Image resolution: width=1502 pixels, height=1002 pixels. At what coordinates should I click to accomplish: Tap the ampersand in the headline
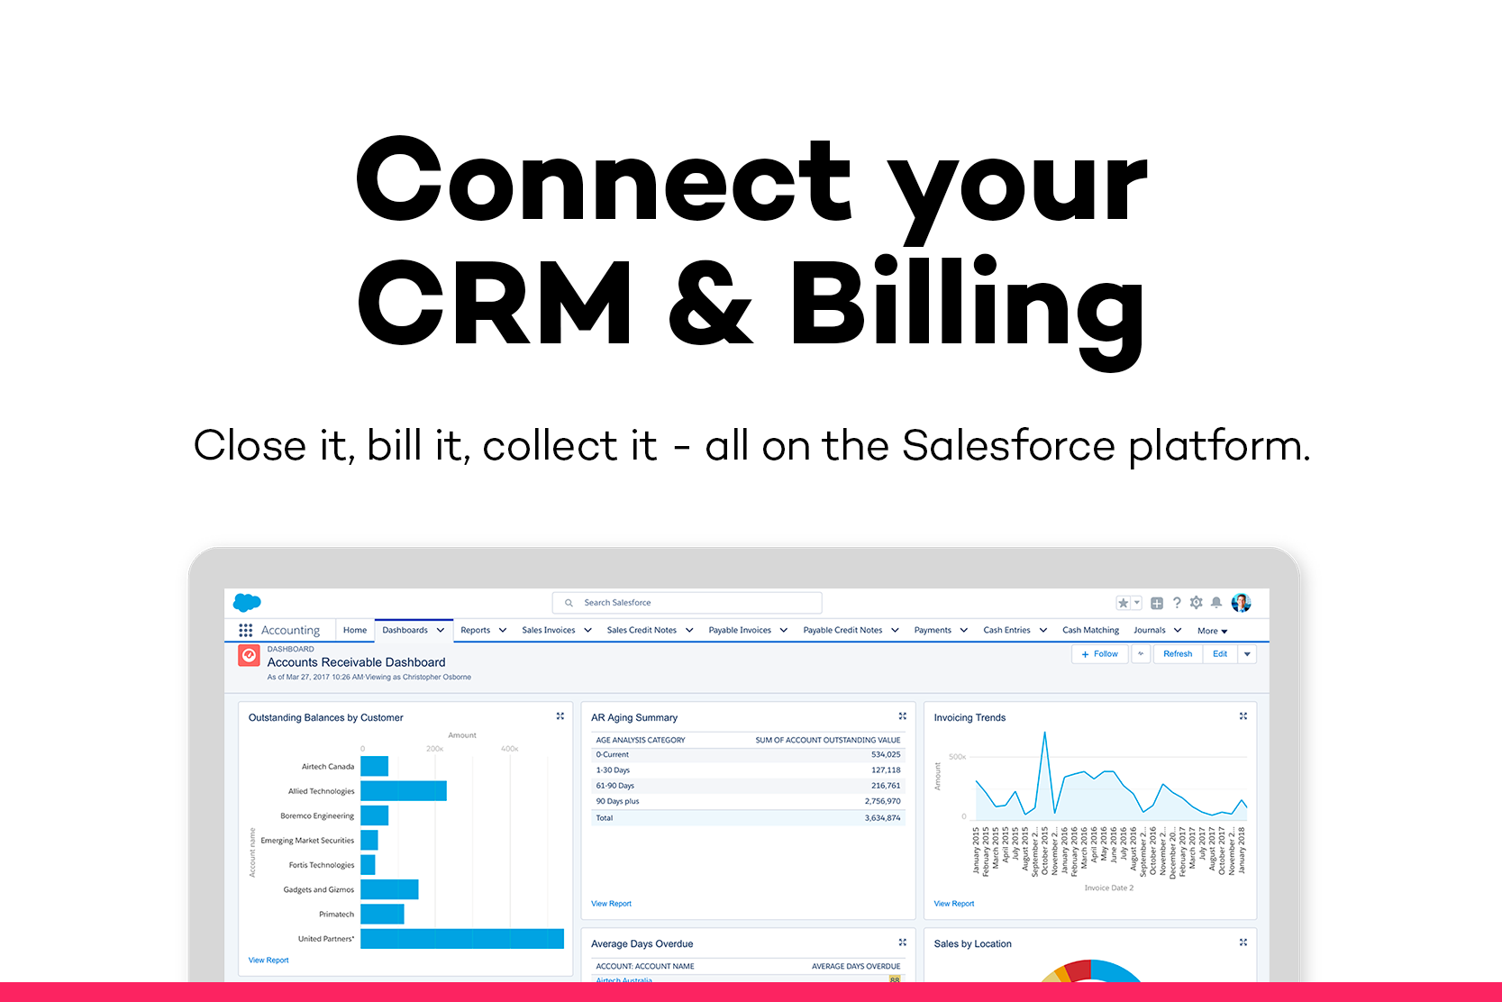pos(710,304)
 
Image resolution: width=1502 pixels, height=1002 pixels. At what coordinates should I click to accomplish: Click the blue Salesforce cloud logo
pos(247,603)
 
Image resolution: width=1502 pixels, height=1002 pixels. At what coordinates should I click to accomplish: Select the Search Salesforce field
pos(687,603)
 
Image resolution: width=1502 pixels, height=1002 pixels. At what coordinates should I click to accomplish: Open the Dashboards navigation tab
pos(405,630)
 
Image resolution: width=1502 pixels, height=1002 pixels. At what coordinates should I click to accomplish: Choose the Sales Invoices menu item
pos(548,630)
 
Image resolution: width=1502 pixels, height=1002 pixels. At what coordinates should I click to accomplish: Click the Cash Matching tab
pos(1090,630)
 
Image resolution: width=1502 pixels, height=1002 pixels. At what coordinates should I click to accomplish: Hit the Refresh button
pos(1177,654)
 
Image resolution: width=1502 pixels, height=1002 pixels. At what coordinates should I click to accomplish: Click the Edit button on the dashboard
pos(1220,654)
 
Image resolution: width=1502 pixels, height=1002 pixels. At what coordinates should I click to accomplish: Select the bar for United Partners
pos(461,939)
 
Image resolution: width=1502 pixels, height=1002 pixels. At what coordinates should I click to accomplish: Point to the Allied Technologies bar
pos(403,791)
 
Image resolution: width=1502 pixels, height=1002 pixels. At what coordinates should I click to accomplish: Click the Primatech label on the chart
pos(336,915)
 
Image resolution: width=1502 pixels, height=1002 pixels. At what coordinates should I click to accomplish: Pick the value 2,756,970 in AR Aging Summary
pos(882,801)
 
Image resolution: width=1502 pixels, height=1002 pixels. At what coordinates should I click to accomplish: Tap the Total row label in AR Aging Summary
pos(604,818)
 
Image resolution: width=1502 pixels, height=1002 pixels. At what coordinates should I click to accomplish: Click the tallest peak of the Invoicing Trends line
pos(1045,734)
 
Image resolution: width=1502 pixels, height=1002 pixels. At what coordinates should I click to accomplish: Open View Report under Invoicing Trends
pos(953,904)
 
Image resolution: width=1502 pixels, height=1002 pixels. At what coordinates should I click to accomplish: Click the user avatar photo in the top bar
pos(1241,603)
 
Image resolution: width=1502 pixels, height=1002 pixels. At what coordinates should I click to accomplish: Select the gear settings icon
pos(1197,603)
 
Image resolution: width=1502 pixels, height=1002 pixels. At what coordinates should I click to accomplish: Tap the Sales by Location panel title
pos(972,944)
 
